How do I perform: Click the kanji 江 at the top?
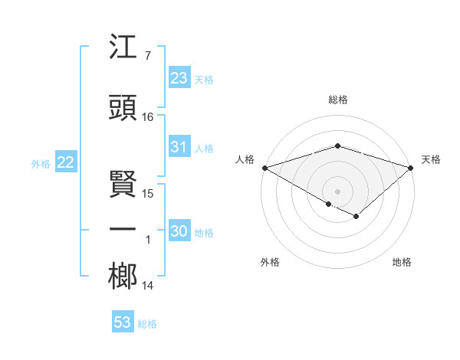[x=123, y=49]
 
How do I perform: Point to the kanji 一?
[x=123, y=229]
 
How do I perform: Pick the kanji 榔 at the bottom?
[x=123, y=277]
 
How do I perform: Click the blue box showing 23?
[x=179, y=78]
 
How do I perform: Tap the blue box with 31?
[x=179, y=148]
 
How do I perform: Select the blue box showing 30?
[x=179, y=231]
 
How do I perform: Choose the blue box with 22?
[x=65, y=162]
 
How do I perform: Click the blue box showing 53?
[x=123, y=322]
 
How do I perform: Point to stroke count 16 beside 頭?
[x=148, y=117]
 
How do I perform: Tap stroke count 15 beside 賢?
[x=148, y=194]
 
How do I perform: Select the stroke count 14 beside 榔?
[x=148, y=286]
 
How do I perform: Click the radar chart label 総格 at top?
[x=337, y=100]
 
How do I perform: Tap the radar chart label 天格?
[x=431, y=159]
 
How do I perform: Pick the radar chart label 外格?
[x=270, y=262]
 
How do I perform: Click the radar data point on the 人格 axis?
[x=264, y=168]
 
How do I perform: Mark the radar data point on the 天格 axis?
[x=411, y=168]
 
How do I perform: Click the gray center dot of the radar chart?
[x=337, y=191]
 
